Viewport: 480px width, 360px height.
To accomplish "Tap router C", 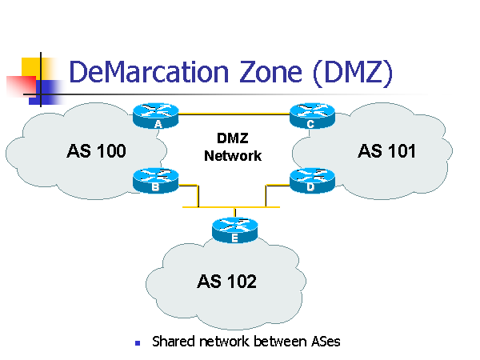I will (310, 116).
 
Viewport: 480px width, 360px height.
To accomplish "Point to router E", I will (234, 230).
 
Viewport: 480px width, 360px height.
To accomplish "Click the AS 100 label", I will (95, 150).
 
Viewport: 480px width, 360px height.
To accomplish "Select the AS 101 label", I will (387, 150).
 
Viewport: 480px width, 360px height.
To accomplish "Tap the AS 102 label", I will (227, 281).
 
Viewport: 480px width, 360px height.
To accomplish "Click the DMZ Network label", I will (233, 148).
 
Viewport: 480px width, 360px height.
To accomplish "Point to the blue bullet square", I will (137, 342).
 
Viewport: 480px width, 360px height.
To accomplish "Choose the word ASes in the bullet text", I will (324, 342).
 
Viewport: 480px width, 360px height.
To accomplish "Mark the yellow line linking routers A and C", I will (234, 113).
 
